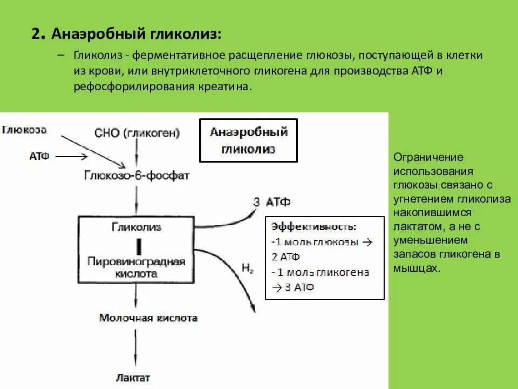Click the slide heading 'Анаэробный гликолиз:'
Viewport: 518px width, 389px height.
[x=136, y=35]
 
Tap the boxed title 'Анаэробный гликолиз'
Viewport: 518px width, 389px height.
[x=248, y=140]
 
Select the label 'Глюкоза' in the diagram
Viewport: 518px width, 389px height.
[x=25, y=130]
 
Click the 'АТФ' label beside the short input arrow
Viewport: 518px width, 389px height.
[x=39, y=156]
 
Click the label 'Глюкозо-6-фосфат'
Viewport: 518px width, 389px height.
[x=137, y=176]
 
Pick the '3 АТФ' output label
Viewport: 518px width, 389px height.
[x=271, y=202]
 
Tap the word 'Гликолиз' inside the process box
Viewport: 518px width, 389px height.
[x=137, y=227]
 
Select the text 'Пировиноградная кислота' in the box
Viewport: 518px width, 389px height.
[x=137, y=267]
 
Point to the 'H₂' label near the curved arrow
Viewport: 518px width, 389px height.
[x=248, y=267]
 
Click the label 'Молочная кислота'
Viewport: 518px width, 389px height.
[x=148, y=318]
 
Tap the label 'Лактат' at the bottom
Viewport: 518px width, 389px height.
[x=133, y=377]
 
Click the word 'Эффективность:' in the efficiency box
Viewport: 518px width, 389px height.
[x=313, y=227]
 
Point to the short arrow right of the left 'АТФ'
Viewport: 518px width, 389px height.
[x=71, y=157]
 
